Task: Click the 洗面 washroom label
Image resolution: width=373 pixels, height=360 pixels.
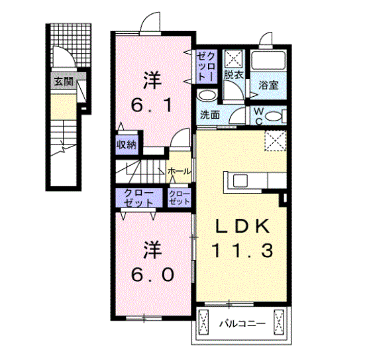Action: tap(210, 113)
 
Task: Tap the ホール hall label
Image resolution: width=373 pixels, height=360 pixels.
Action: tap(180, 172)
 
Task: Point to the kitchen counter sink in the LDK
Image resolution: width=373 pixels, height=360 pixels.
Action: tap(239, 180)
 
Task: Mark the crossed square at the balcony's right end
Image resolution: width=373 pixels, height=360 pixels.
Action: tap(279, 324)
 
